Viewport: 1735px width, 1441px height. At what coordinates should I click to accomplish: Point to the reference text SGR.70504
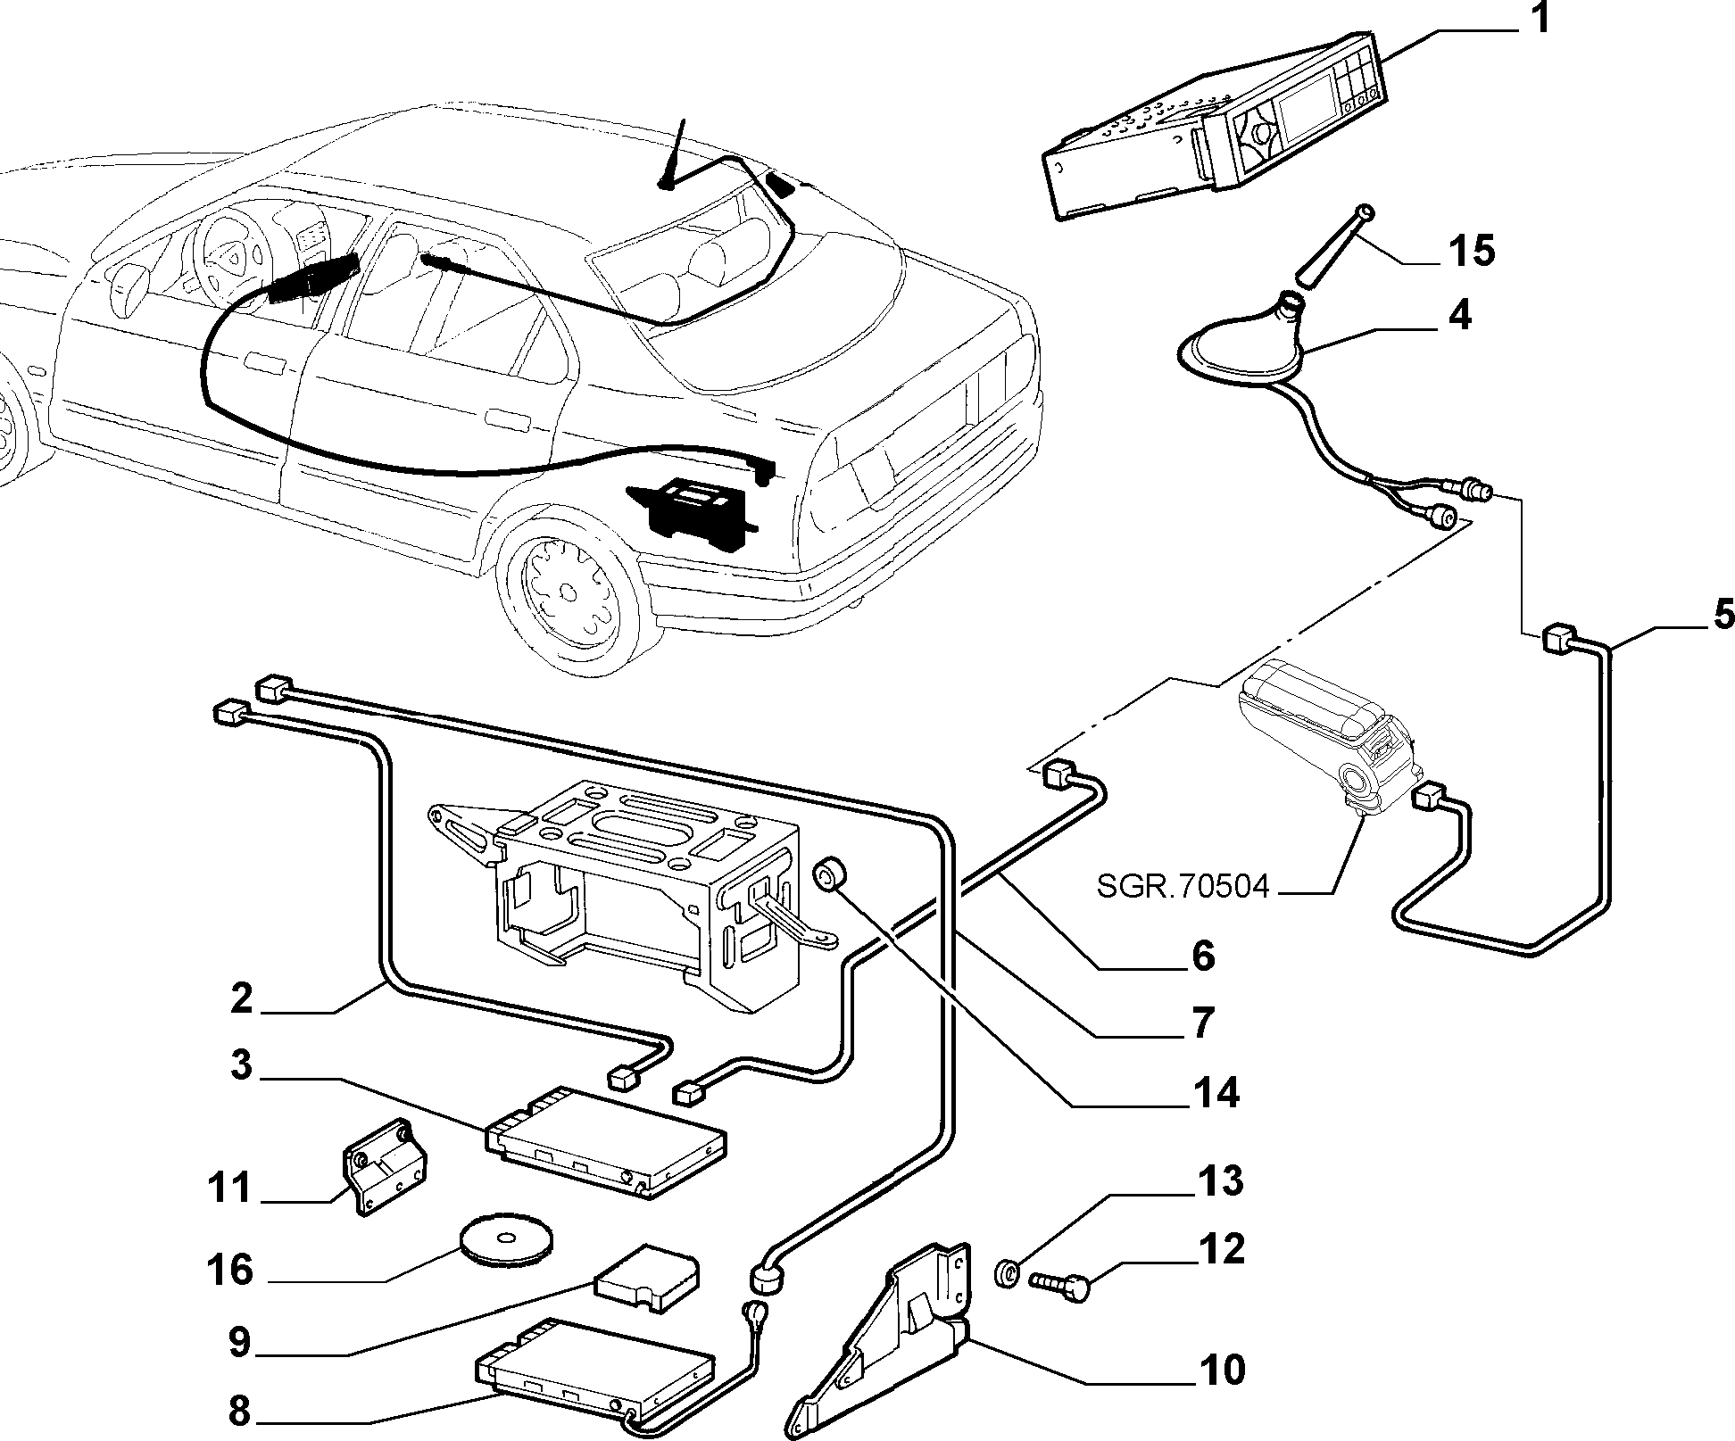click(1182, 888)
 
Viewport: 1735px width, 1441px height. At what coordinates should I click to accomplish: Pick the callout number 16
click(229, 1270)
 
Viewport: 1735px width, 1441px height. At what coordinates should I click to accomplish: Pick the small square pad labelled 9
click(648, 1279)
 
